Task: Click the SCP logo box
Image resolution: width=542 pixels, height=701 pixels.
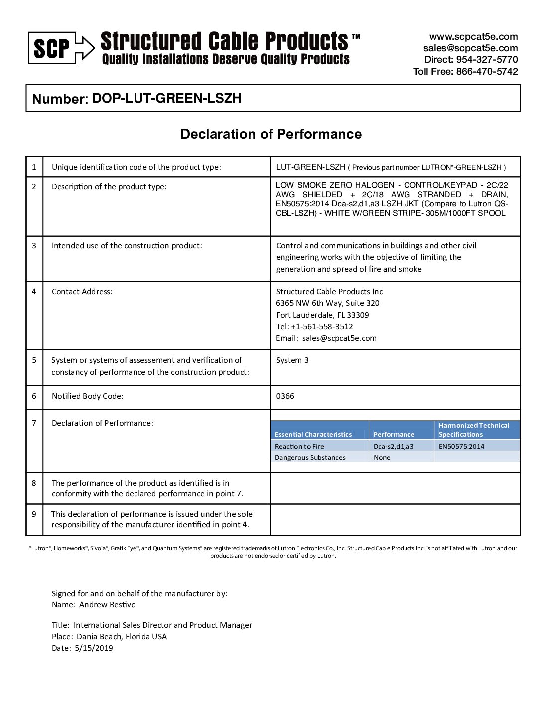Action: point(52,48)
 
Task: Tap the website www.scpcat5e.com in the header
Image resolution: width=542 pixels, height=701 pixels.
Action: point(473,37)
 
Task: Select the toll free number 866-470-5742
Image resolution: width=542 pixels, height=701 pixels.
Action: point(487,71)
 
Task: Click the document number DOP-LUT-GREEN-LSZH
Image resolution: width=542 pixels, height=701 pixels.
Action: point(166,98)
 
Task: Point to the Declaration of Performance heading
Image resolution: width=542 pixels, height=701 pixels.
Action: point(271,134)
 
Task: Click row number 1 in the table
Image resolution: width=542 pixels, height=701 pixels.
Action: point(34,167)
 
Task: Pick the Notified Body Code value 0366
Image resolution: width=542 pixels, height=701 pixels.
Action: point(285,396)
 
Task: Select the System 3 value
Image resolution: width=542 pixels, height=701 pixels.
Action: point(292,360)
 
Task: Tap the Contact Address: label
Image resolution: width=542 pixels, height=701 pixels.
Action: point(82,292)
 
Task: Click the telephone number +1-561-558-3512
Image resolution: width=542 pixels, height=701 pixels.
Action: point(322,327)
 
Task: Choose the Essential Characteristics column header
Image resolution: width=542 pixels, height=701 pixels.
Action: point(313,434)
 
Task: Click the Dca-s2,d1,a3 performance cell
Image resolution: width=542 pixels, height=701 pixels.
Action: point(394,446)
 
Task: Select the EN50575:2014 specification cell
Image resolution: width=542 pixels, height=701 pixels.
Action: point(461,446)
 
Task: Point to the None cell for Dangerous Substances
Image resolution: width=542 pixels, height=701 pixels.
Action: point(382,457)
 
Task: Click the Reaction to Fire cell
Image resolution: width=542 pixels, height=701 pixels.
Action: point(299,446)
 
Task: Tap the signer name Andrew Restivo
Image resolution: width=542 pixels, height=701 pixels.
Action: point(107,605)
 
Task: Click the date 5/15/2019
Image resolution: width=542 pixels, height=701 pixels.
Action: point(94,648)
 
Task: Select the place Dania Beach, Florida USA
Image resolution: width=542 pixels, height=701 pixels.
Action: point(122,637)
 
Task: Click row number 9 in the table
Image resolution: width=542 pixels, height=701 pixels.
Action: point(34,514)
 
